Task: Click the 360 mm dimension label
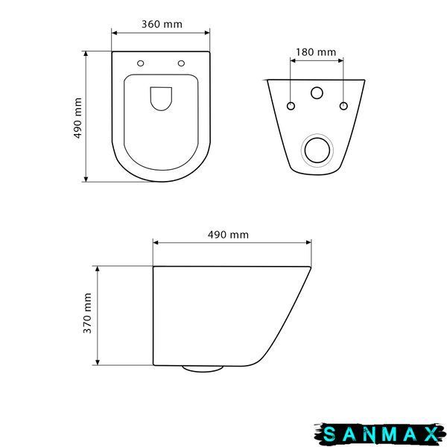pos(162,25)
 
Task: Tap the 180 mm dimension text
pos(316,52)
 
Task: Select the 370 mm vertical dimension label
pos(87,313)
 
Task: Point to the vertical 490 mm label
pos(77,118)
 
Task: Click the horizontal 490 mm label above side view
pos(228,235)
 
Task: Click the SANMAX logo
pos(380,434)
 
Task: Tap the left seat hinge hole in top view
pos(141,63)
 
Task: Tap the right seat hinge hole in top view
pos(181,63)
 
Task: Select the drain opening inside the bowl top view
pos(161,98)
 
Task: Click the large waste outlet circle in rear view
pos(317,150)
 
